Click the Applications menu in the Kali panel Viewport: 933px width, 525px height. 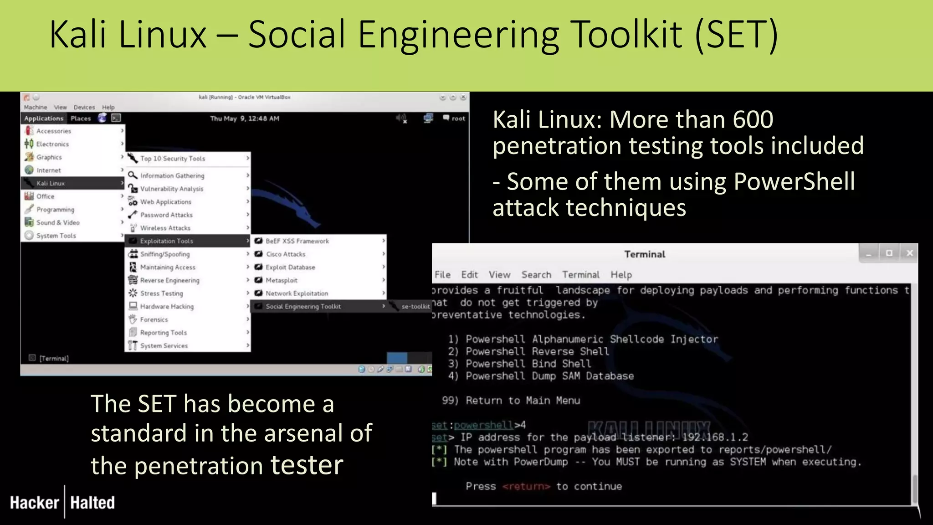point(44,118)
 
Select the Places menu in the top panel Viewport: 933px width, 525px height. point(81,118)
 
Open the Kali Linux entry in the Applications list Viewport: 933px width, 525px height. point(51,183)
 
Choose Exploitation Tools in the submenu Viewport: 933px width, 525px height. point(166,241)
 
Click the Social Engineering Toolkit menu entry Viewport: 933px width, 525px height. point(303,307)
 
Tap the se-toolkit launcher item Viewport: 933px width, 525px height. point(415,307)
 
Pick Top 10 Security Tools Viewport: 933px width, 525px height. point(172,159)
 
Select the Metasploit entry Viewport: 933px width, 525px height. point(281,280)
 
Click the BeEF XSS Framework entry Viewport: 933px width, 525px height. point(297,241)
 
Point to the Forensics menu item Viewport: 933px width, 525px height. point(154,320)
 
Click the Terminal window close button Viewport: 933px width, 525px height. point(909,253)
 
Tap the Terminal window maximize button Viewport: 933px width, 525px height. point(889,253)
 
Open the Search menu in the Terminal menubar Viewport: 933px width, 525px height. point(536,275)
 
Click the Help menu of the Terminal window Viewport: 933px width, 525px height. point(621,275)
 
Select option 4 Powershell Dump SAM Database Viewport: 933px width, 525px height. point(549,376)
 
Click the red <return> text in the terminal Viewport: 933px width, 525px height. point(526,486)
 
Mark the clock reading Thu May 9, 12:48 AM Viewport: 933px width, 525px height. point(245,118)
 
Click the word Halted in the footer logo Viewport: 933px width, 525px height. point(92,503)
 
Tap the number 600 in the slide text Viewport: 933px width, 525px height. point(753,119)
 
